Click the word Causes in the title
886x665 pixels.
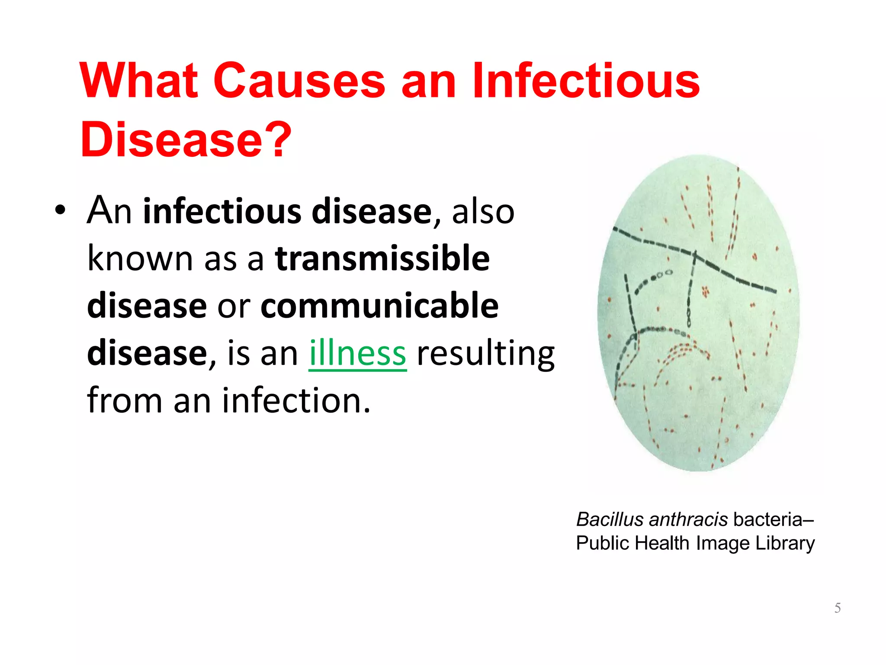[299, 81]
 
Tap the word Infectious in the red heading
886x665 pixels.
[585, 81]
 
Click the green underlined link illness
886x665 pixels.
[357, 353]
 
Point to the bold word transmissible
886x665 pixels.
[382, 258]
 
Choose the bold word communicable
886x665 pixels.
[379, 306]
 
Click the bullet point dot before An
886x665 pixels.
[61, 211]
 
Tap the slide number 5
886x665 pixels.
[838, 608]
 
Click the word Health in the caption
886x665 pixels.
[662, 543]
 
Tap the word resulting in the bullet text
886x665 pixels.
[485, 353]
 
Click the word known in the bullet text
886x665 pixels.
[140, 258]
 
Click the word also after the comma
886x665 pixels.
[483, 212]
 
